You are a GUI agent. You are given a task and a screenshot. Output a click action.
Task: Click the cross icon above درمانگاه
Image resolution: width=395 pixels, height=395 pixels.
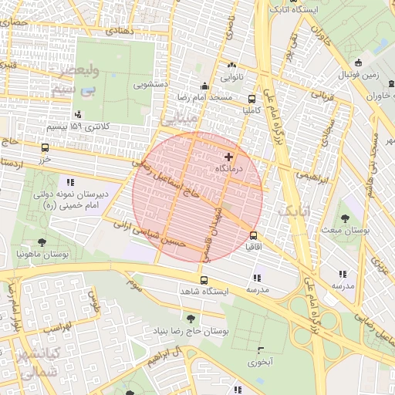[228, 157]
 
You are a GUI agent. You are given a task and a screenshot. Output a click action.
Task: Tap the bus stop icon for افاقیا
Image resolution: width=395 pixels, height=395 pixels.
[252, 235]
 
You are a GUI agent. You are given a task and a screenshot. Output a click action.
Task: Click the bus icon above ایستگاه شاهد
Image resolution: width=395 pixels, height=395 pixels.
[204, 280]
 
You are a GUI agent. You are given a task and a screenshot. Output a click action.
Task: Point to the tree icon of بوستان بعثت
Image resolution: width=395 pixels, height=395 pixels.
[346, 218]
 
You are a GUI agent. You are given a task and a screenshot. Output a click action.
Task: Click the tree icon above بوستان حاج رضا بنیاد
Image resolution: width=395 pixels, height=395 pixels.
[190, 318]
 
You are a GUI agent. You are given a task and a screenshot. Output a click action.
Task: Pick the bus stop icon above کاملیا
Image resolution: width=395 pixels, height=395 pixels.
[252, 99]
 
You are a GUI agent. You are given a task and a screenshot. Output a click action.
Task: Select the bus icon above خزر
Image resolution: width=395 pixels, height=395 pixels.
[44, 147]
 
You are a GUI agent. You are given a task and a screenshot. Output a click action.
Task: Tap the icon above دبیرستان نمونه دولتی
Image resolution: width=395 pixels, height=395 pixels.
[70, 182]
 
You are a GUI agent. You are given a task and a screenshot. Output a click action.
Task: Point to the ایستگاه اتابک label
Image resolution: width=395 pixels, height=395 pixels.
[290, 9]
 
